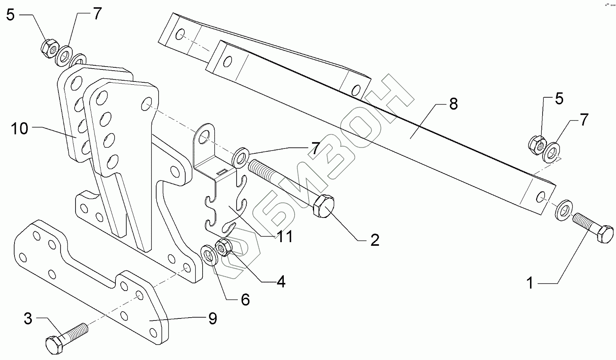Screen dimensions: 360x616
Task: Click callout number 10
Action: pos(19,129)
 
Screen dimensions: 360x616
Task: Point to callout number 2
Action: pos(375,240)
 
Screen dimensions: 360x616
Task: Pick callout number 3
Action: pos(28,319)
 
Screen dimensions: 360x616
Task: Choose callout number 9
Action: pos(212,318)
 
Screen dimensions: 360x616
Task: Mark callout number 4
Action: pos(281,281)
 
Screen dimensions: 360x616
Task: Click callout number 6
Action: pos(245,299)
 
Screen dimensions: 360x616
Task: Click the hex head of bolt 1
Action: pos(604,234)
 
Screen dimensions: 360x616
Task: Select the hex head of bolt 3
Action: pos(54,345)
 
